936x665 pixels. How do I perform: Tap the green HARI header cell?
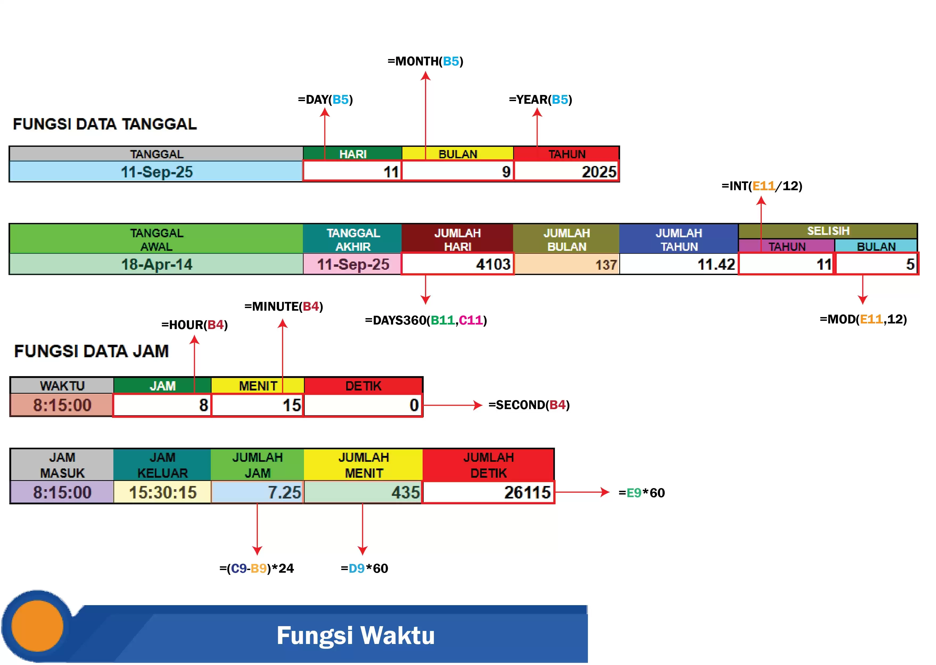352,154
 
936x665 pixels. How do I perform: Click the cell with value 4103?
457,264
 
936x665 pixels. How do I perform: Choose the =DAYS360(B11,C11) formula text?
426,320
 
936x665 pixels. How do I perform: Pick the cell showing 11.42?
679,264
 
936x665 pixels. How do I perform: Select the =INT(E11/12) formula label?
761,186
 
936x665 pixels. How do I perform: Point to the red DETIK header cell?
363,386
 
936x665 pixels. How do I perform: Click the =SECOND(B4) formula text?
529,405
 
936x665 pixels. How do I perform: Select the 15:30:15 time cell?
162,492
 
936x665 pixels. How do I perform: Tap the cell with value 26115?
488,492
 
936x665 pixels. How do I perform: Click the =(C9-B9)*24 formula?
257,568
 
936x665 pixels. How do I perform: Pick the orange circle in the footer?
37,626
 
